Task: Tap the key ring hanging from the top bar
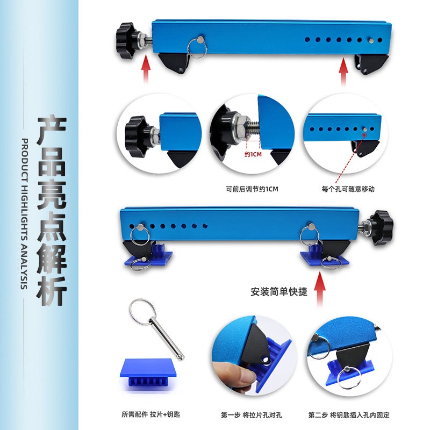[197, 48]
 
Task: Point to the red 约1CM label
[254, 153]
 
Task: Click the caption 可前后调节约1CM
[252, 189]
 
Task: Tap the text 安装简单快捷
[279, 292]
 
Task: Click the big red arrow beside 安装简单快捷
[321, 290]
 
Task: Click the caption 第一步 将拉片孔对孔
[252, 415]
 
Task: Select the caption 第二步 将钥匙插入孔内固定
[349, 415]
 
